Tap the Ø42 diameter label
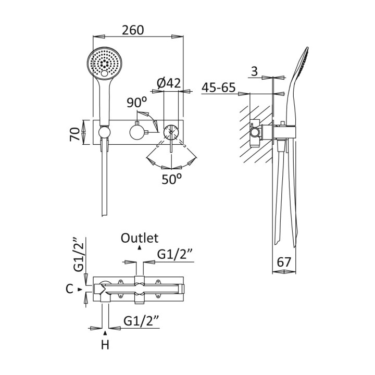(168, 82)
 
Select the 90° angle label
(137, 102)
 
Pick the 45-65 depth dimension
(219, 87)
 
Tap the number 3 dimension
(254, 71)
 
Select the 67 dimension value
(284, 262)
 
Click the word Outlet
(139, 238)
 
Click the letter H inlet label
(106, 344)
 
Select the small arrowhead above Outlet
(139, 248)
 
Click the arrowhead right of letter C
(80, 289)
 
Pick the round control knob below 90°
(137, 132)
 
